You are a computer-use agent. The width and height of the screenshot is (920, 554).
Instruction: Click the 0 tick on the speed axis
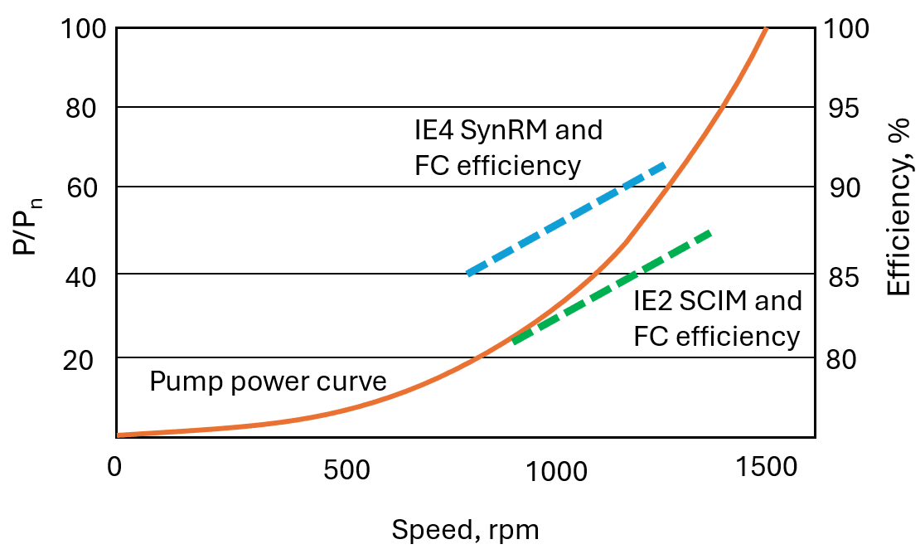114,468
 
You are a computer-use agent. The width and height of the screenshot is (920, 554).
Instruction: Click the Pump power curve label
268,381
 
